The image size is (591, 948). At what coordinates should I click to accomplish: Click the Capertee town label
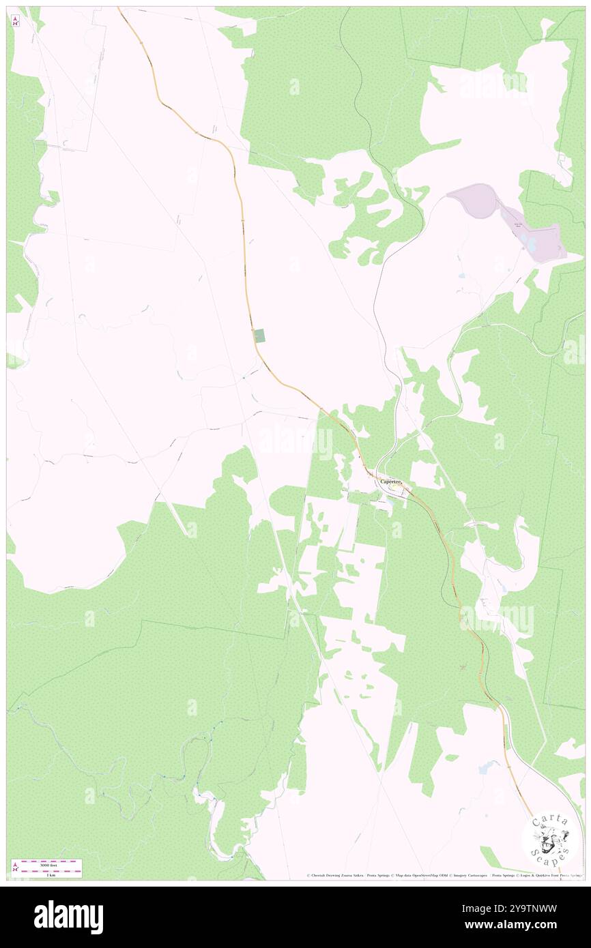tap(393, 481)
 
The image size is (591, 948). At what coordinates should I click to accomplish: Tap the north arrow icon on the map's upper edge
tap(16, 21)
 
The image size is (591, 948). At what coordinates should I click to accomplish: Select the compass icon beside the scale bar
tap(14, 868)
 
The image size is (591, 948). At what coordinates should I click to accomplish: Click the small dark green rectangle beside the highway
tap(259, 335)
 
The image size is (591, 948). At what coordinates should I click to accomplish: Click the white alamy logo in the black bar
tap(68, 917)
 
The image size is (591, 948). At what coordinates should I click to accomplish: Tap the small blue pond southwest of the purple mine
tap(463, 276)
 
